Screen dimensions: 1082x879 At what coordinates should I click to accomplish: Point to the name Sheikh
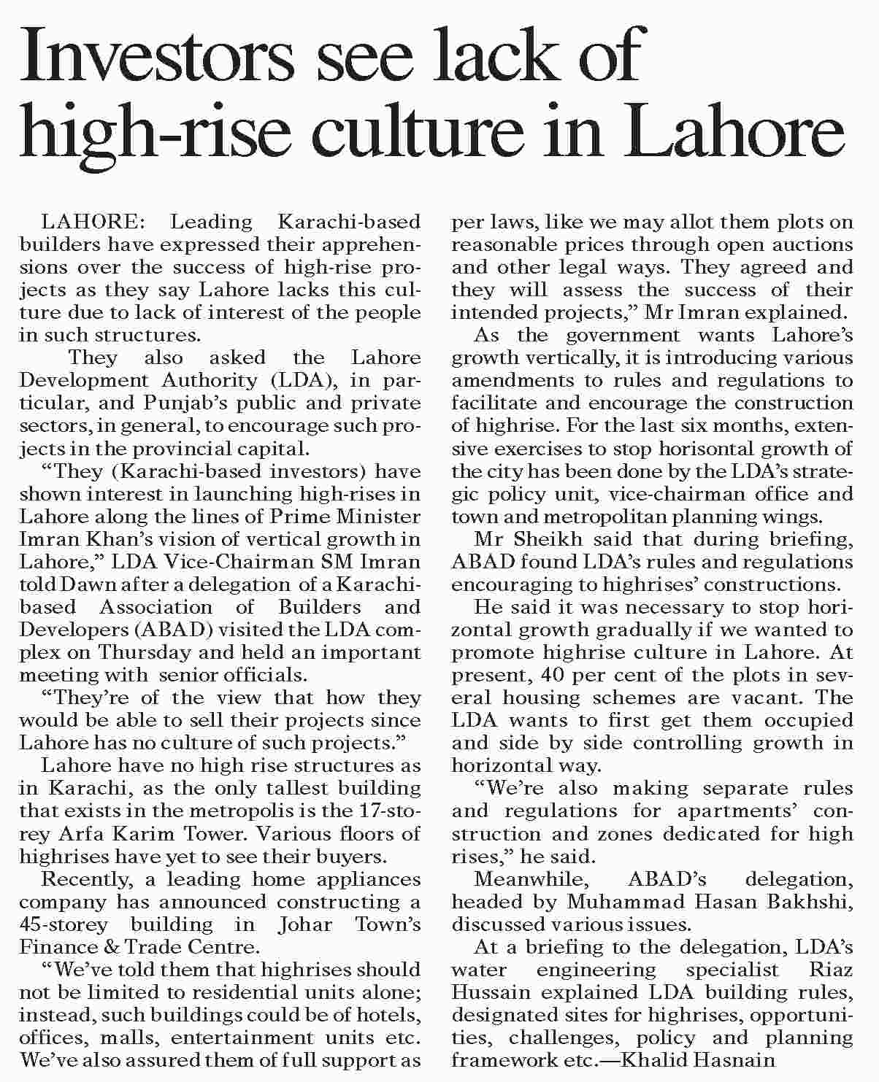pyautogui.click(x=550, y=539)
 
